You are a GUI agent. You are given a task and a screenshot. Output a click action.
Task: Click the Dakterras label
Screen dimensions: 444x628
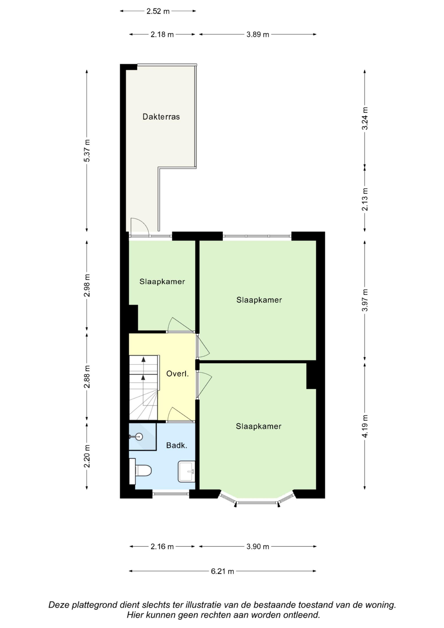[x=161, y=117]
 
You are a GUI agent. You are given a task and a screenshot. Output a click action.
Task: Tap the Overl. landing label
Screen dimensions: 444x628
[x=178, y=374]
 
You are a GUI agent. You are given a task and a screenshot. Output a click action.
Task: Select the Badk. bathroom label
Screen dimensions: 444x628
[x=177, y=446]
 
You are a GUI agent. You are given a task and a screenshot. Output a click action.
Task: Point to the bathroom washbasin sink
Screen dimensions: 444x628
[x=186, y=471]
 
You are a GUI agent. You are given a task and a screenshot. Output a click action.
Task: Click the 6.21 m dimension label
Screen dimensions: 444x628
[x=222, y=571]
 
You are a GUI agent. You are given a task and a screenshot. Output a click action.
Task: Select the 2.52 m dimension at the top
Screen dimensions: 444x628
[x=158, y=11]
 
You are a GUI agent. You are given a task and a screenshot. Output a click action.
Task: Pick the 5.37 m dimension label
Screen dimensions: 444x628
[x=87, y=151]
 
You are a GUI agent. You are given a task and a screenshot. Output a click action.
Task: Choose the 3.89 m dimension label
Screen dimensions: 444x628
[x=258, y=34]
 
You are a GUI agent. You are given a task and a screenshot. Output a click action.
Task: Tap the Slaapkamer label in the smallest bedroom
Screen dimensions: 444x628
[x=162, y=281]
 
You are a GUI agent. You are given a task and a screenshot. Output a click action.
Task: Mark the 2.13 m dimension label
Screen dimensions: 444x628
[x=365, y=199]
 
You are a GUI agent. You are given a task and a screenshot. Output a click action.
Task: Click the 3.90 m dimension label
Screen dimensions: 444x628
[x=258, y=547]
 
